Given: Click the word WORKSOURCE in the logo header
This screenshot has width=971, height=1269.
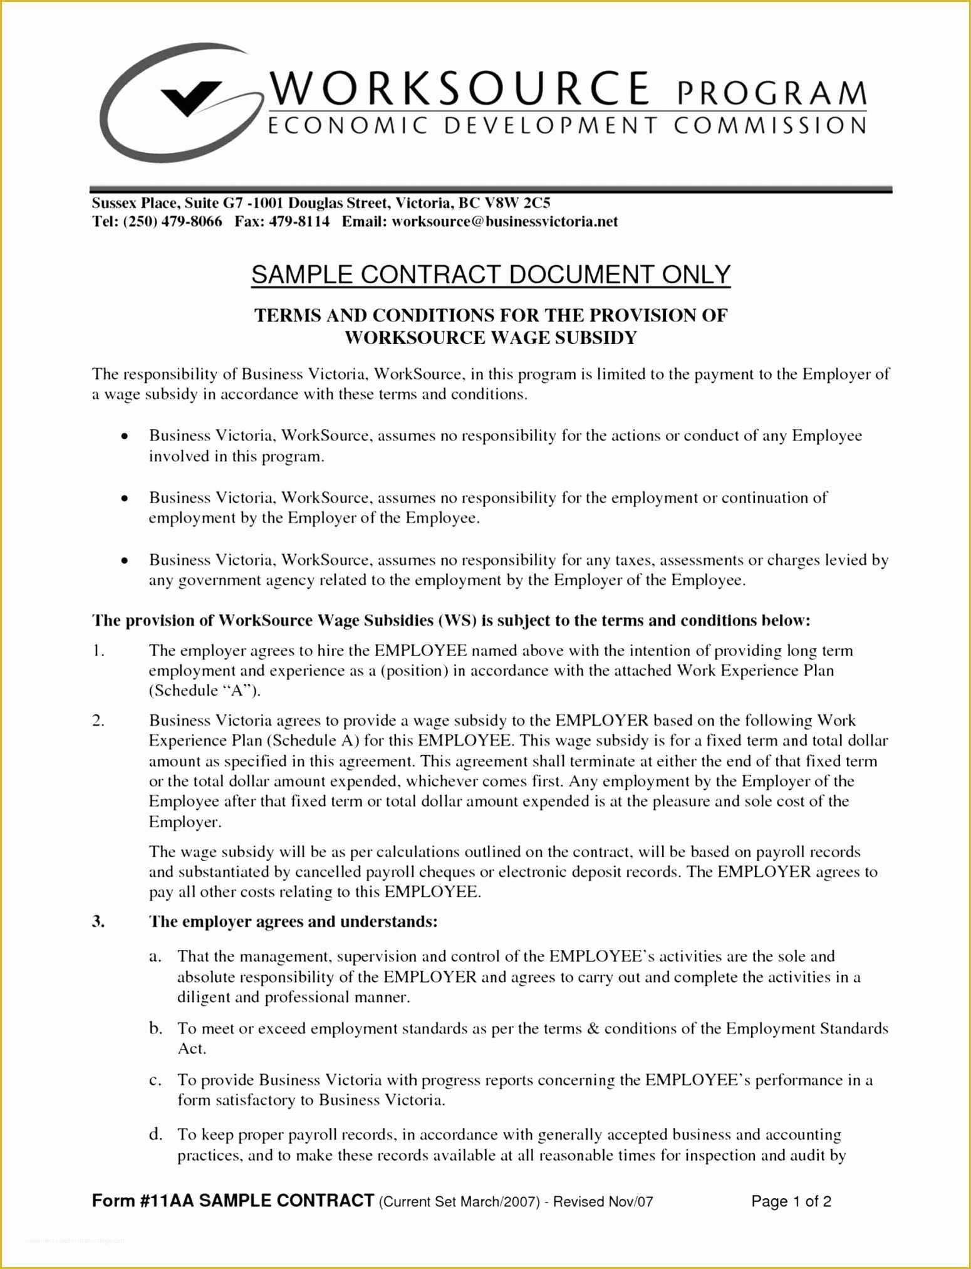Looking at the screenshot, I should [x=461, y=89].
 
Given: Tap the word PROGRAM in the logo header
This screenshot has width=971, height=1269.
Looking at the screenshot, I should [x=771, y=93].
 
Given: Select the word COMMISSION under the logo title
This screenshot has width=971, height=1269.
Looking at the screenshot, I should [x=770, y=126].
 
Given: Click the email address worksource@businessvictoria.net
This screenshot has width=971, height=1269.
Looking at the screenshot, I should [x=504, y=222].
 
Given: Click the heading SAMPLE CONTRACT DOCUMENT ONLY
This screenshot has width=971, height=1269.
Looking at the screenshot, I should [x=491, y=275].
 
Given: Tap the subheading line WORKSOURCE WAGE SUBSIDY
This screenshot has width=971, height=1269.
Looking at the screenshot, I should [x=491, y=338].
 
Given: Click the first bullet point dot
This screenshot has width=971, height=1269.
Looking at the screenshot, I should [x=125, y=436].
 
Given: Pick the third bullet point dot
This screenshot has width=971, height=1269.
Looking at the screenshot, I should [x=125, y=560].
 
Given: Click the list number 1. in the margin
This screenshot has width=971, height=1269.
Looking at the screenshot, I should [x=98, y=650].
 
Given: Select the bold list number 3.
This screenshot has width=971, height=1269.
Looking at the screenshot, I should [x=98, y=921].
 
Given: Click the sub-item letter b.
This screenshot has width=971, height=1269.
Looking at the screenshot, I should [x=156, y=1028].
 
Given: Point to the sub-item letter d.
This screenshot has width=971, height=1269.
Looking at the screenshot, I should [x=156, y=1134].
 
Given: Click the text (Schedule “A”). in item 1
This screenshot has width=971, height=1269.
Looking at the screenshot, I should [x=204, y=691].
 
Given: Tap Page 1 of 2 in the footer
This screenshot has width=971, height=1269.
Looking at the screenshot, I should [x=791, y=1201].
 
